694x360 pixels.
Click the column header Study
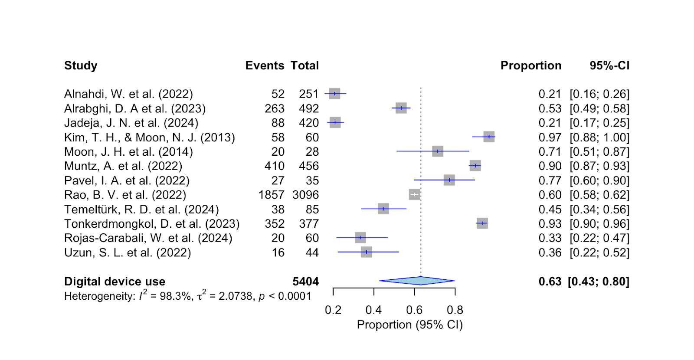81,65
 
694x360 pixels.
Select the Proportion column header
530,65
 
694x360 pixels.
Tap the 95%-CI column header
609,65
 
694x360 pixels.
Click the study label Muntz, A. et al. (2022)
123,166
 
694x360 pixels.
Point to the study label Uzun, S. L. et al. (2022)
128,252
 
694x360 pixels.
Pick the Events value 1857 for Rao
271,195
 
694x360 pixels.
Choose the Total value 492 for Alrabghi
308,108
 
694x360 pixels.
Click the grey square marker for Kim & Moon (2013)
489,137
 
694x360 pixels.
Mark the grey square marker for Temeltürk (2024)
383,209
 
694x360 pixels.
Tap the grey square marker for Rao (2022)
414,195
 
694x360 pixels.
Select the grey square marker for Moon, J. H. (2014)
438,151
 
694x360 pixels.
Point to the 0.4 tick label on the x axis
373,310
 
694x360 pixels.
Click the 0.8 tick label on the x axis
455,310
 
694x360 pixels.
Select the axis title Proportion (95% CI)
409,325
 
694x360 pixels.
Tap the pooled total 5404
305,281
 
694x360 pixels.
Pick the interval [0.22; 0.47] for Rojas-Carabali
599,238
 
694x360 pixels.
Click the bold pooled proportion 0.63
550,281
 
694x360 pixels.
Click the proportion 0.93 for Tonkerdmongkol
550,224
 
